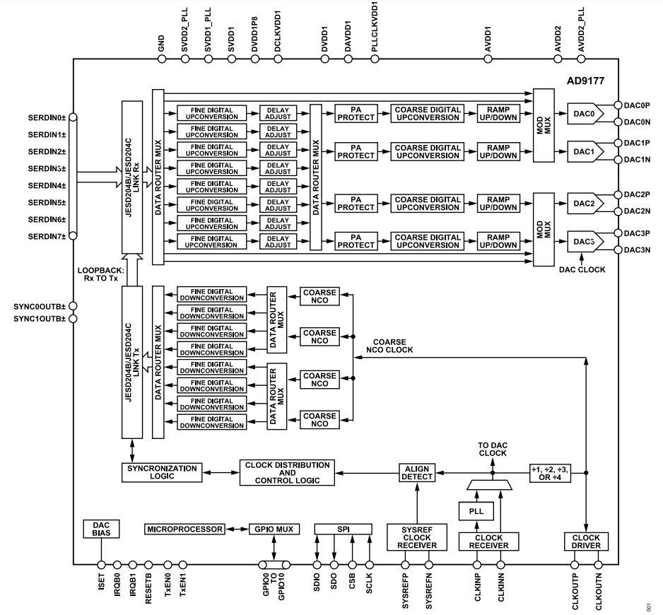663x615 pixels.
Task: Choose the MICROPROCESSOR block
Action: coord(184,529)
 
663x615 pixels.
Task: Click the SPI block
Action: coord(342,529)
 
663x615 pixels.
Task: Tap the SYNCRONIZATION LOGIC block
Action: coord(162,472)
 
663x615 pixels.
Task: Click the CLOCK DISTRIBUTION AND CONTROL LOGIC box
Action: coord(286,473)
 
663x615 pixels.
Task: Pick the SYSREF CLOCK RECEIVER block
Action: coord(417,537)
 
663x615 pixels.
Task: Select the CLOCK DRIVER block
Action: coord(585,541)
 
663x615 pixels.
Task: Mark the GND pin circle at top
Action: coord(162,60)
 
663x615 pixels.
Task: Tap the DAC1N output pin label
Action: coord(637,160)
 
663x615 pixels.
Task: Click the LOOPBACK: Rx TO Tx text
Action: coord(101,274)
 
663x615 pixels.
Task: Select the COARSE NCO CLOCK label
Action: coord(393,345)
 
